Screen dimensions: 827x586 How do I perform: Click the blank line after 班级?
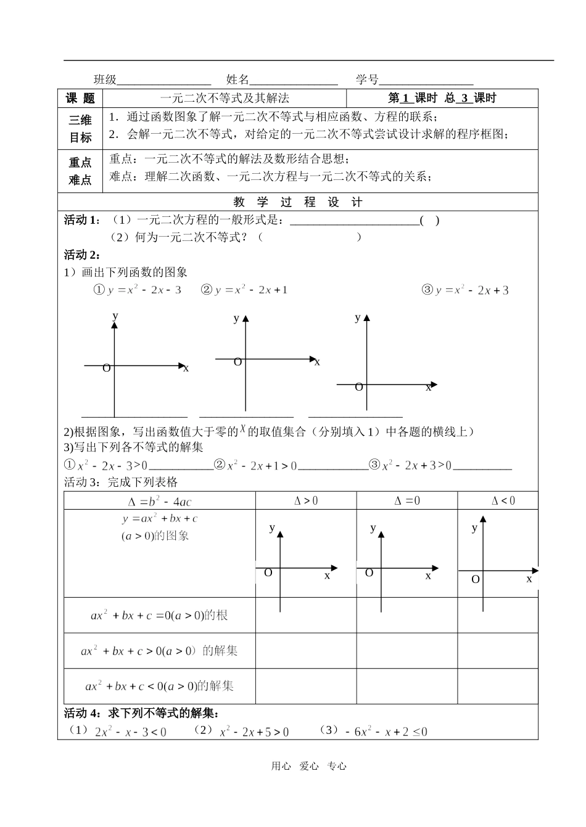pyautogui.click(x=163, y=81)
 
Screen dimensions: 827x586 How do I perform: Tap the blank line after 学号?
pyautogui.click(x=426, y=81)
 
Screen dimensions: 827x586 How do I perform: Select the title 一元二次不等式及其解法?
pyautogui.click(x=225, y=98)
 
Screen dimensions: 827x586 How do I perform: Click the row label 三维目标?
pyautogui.click(x=80, y=129)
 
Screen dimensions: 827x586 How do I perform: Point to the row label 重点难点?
pyautogui.click(x=80, y=171)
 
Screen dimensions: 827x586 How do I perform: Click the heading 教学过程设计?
pyautogui.click(x=298, y=202)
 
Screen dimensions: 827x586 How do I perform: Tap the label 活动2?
pyautogui.click(x=83, y=255)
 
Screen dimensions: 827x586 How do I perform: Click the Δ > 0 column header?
pyautogui.click(x=306, y=501)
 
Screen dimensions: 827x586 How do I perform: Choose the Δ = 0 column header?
pyautogui.click(x=407, y=501)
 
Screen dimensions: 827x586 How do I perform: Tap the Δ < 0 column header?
pyautogui.click(x=503, y=501)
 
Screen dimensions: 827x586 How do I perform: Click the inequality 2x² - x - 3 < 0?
pyautogui.click(x=131, y=732)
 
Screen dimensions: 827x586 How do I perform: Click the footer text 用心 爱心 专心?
pyautogui.click(x=309, y=766)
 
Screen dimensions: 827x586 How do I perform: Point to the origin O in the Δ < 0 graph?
pyautogui.click(x=476, y=579)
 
